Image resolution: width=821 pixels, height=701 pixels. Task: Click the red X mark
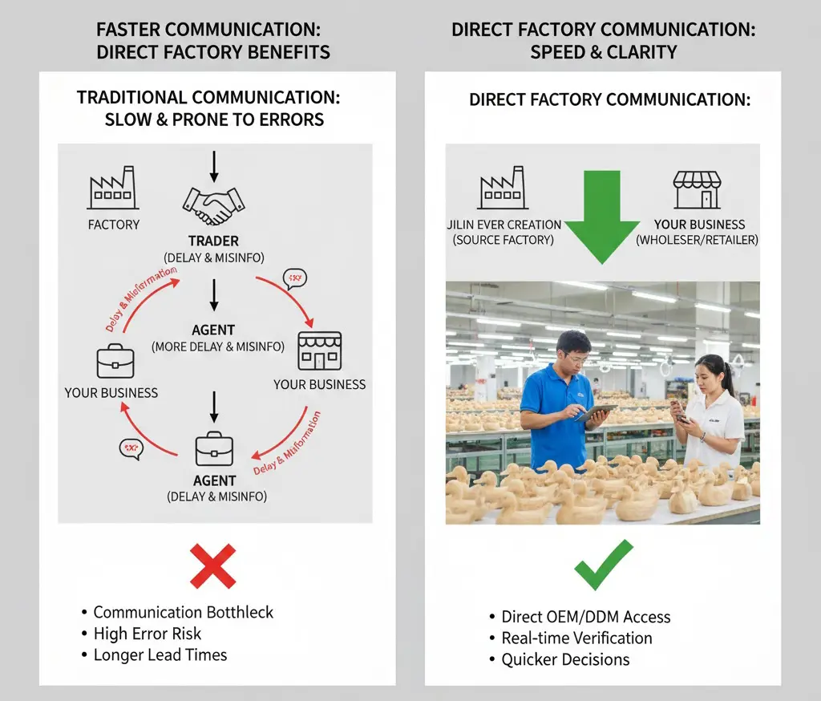pyautogui.click(x=213, y=565)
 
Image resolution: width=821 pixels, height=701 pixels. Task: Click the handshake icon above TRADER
pyautogui.click(x=213, y=206)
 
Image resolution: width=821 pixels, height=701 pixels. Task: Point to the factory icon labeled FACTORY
pyautogui.click(x=112, y=188)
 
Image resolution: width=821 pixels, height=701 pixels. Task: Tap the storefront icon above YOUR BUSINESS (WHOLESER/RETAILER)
pyautogui.click(x=697, y=190)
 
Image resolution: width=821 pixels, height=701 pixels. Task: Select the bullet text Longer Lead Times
pyautogui.click(x=160, y=655)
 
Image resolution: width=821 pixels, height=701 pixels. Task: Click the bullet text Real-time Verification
pyautogui.click(x=576, y=638)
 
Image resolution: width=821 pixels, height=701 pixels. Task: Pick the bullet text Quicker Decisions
pyautogui.click(x=565, y=660)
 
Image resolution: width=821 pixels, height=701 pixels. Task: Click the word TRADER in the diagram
pyautogui.click(x=213, y=241)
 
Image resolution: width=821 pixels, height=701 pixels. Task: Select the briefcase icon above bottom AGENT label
pyautogui.click(x=214, y=449)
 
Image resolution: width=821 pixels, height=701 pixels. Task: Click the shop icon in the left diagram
pyautogui.click(x=319, y=351)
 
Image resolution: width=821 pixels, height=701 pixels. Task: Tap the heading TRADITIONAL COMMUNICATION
pyautogui.click(x=208, y=98)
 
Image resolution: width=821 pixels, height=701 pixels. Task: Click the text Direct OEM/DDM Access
pyautogui.click(x=585, y=617)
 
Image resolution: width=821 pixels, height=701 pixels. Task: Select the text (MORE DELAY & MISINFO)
pyautogui.click(x=218, y=346)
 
